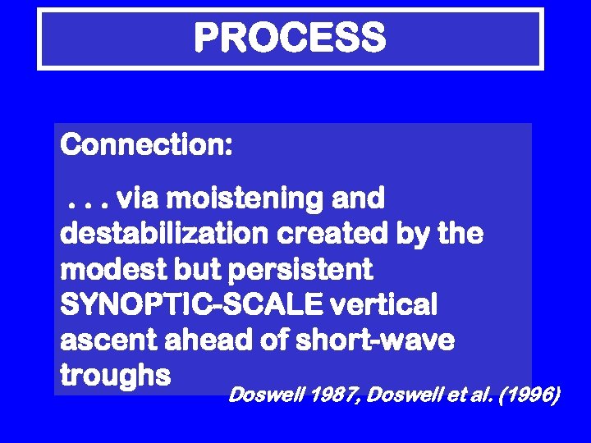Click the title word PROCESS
(290, 38)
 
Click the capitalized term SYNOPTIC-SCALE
(190, 305)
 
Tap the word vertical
(384, 305)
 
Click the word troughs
(115, 376)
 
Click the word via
(138, 199)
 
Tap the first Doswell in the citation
(263, 396)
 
